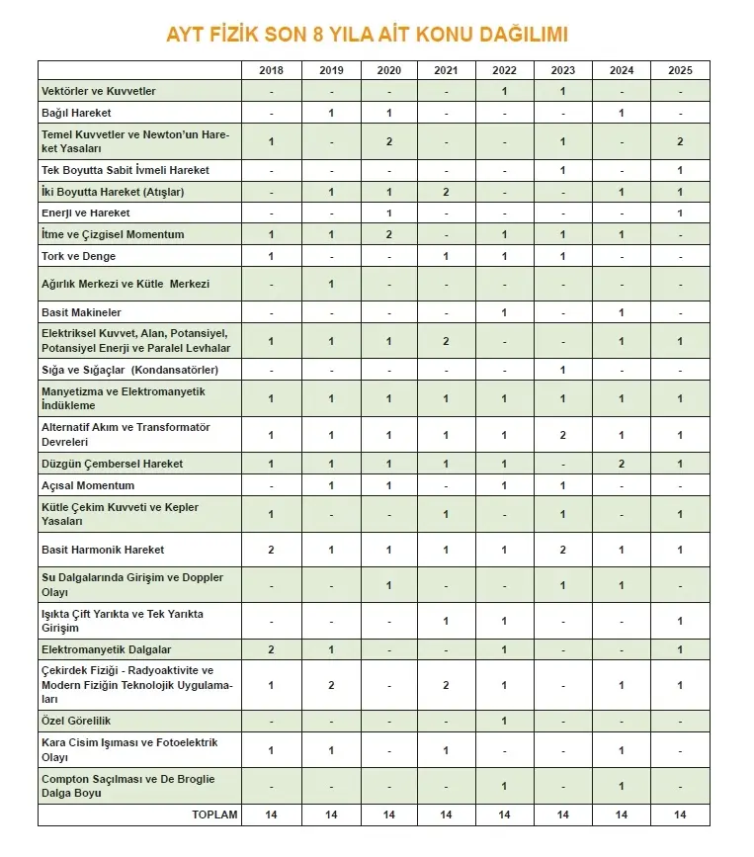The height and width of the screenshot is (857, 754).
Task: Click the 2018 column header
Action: coord(271,70)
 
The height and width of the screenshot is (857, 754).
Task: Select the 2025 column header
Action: coord(680,70)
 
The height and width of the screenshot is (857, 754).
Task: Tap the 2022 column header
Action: coord(504,70)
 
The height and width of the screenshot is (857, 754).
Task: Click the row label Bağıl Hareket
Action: coord(76,113)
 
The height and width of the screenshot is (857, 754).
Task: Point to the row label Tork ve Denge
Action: coord(78,256)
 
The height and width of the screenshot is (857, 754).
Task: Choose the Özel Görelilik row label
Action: coord(76,721)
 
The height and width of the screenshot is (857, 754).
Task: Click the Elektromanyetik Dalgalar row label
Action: coord(106,649)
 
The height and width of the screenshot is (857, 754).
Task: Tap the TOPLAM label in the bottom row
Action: coord(215,814)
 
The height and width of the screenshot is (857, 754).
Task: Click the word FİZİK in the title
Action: coord(244,35)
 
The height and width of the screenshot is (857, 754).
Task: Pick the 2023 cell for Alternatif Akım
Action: coord(562,435)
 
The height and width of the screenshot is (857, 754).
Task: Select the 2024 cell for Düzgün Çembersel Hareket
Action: coord(622,464)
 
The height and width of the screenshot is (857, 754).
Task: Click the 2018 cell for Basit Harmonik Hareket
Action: coord(271,550)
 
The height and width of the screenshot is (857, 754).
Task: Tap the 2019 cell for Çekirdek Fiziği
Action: coord(331,685)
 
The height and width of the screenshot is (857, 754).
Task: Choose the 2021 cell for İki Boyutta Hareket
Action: coord(446,191)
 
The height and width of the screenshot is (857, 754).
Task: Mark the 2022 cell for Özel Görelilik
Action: coord(504,721)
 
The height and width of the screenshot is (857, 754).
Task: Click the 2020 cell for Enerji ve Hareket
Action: coord(389,213)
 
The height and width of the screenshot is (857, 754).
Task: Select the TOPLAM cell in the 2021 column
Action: coord(446,814)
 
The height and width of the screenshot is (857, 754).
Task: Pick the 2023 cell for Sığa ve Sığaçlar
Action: coord(562,370)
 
